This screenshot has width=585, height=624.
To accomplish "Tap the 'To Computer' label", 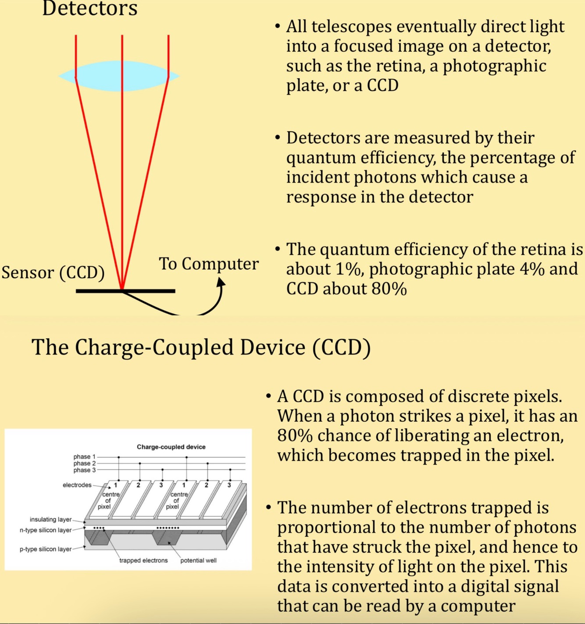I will tap(209, 264).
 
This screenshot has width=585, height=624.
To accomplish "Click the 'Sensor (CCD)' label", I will tap(53, 273).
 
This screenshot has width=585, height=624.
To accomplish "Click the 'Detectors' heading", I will tap(90, 9).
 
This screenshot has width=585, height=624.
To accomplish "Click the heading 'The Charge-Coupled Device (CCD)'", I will tap(201, 347).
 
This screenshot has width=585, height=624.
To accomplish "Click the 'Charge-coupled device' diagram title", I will tap(171, 447).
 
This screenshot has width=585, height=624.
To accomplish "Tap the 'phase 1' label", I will tap(84, 457).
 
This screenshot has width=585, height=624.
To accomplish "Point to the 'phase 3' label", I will tap(84, 470).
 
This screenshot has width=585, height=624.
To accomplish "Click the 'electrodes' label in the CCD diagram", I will tap(77, 485).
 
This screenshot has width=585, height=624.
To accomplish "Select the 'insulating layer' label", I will tap(50, 520).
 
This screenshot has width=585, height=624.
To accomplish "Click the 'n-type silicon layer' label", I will tap(46, 530).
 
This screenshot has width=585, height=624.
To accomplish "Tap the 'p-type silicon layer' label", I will tap(46, 549).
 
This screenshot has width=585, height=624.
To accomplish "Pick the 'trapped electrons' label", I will tap(143, 560).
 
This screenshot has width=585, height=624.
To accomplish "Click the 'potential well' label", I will tap(198, 560).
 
